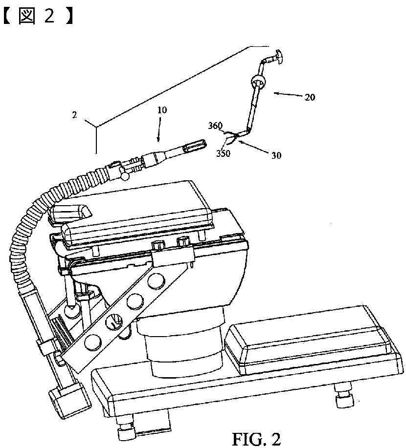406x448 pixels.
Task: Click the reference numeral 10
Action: point(161,110)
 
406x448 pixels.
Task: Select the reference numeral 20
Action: point(310,97)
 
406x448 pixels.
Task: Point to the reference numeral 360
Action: point(215,126)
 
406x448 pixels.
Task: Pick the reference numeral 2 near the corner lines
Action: point(74,115)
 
